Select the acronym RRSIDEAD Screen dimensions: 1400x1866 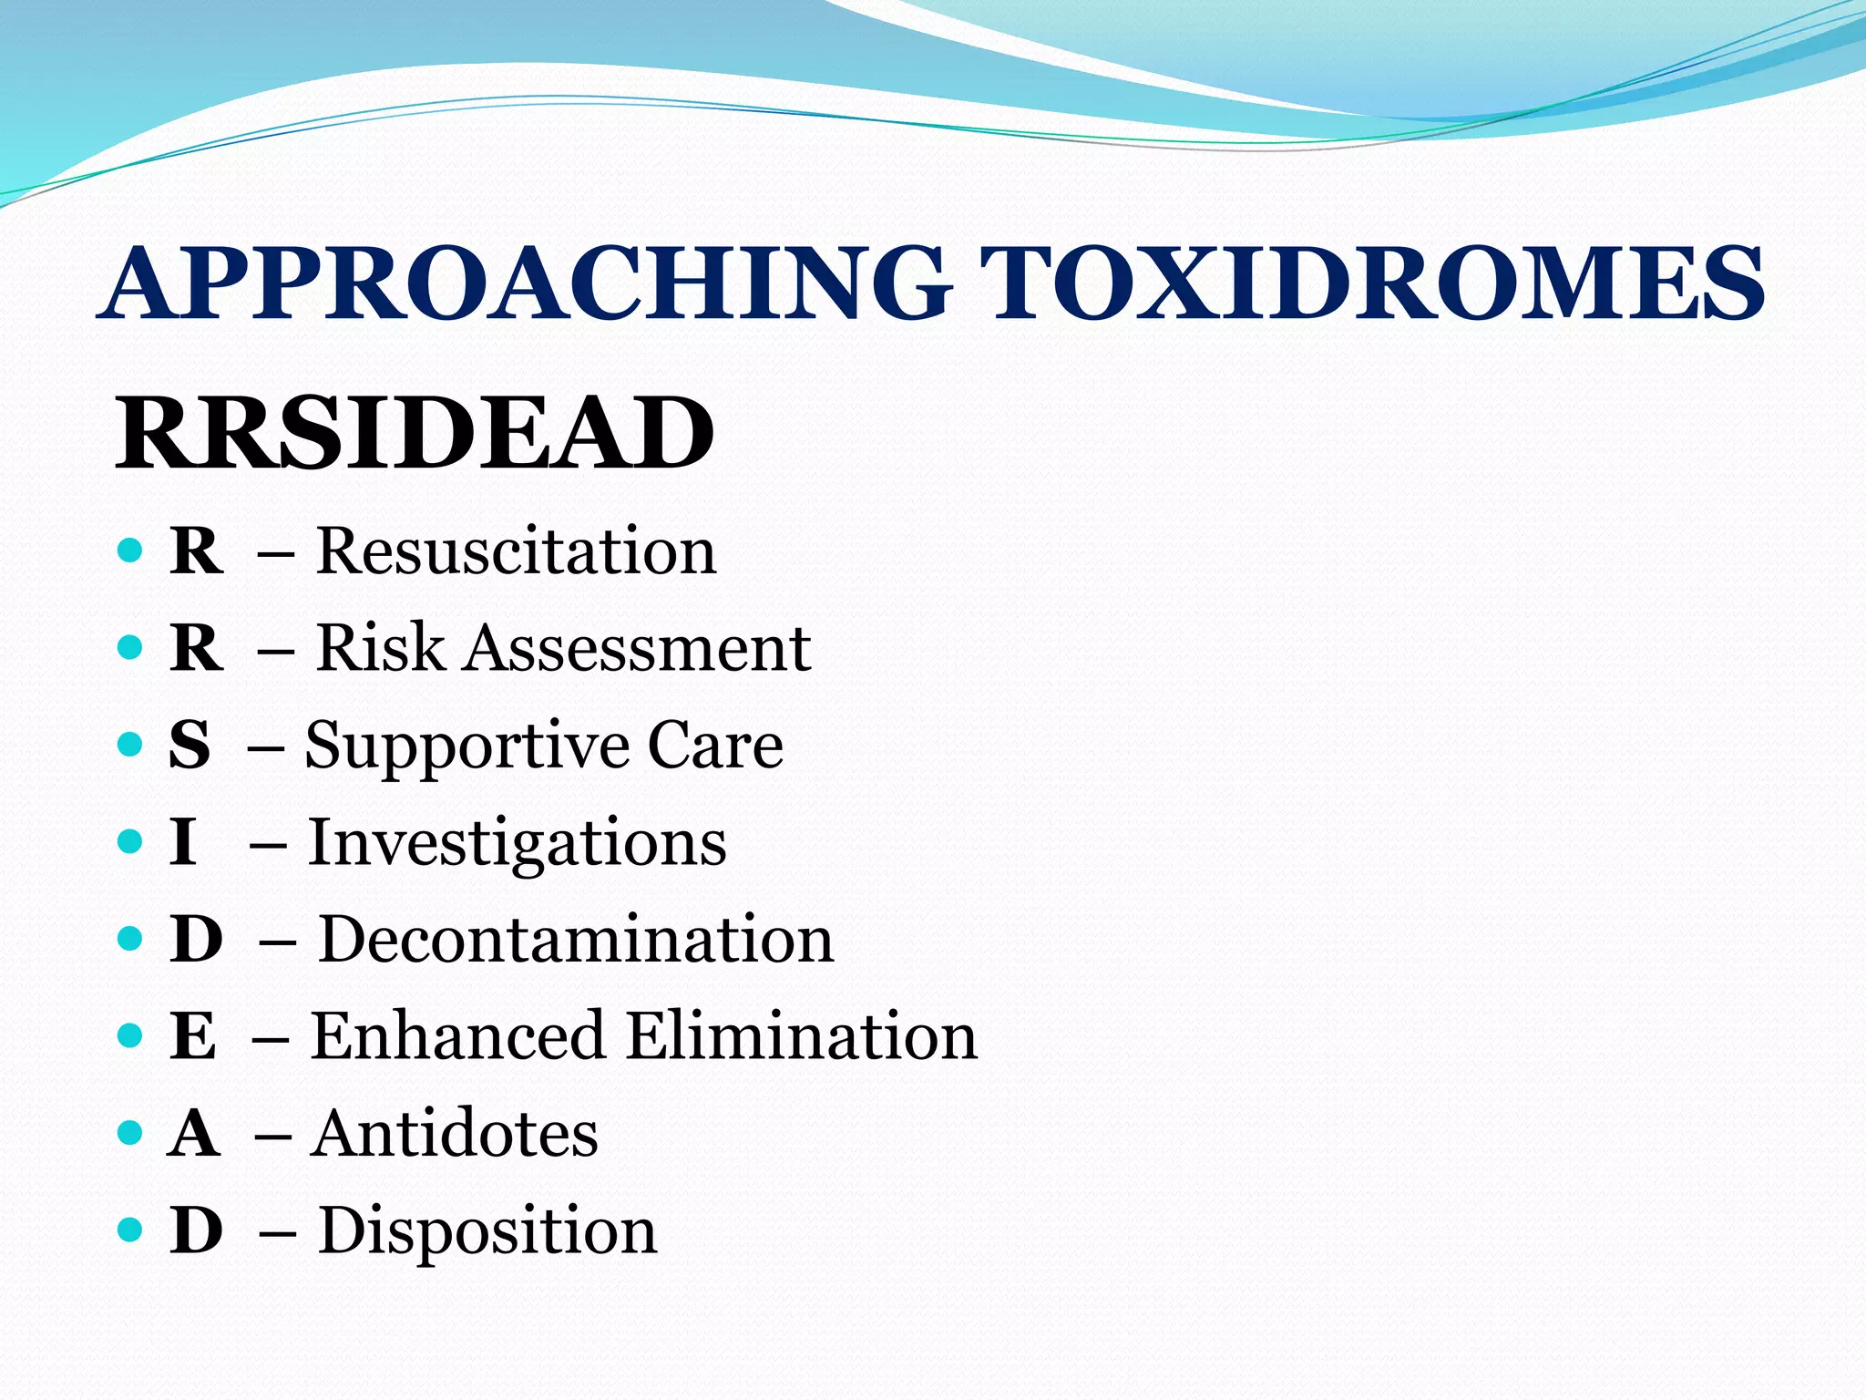(415, 433)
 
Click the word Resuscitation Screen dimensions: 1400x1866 (516, 551)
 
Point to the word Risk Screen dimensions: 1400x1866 (380, 648)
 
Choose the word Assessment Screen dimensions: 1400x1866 (638, 648)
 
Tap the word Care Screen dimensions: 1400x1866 (715, 745)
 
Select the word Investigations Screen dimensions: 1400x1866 (518, 844)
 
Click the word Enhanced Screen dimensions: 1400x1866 (458, 1036)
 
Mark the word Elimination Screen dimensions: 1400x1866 (802, 1036)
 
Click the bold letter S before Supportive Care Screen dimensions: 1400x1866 (190, 745)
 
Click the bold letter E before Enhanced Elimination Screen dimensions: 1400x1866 (193, 1036)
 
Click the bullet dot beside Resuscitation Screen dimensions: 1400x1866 (131, 551)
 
